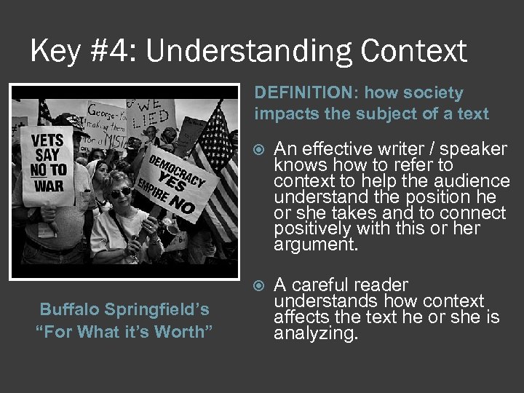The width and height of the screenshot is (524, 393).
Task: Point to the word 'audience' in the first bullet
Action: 474,180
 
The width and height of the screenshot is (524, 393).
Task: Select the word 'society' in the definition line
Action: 431,93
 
